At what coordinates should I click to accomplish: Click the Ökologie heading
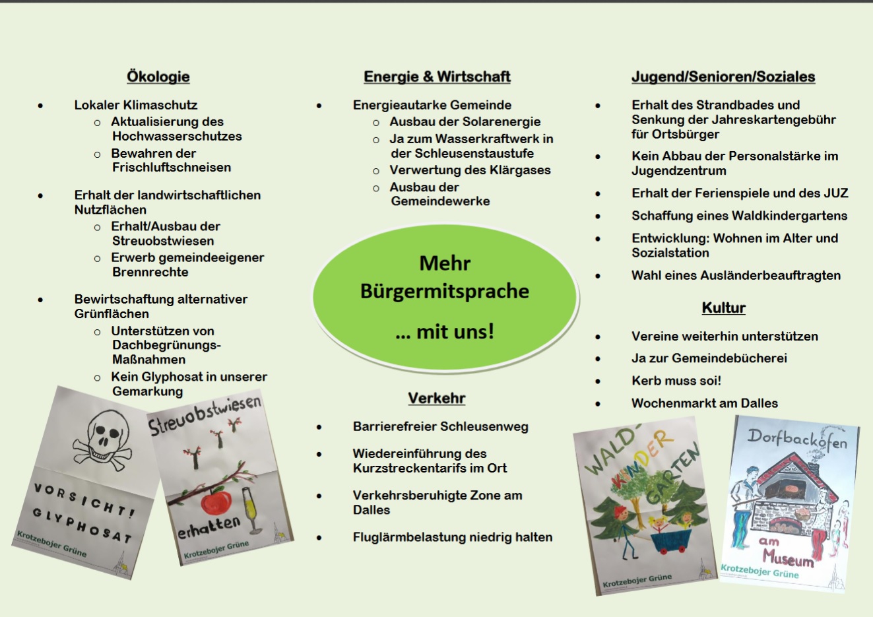click(158, 77)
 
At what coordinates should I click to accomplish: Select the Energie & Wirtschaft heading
click(437, 77)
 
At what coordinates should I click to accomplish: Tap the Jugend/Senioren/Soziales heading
click(723, 77)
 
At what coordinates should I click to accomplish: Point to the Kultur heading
click(723, 308)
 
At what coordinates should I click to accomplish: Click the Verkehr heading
click(436, 398)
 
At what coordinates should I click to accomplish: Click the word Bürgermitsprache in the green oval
click(444, 291)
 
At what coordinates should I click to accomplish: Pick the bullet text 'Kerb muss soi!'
click(676, 381)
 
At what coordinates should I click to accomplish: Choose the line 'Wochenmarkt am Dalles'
click(704, 403)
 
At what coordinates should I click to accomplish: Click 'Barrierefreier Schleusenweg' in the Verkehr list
click(440, 427)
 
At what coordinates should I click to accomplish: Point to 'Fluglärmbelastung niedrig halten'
click(452, 537)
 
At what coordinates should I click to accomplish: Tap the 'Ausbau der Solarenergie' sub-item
click(465, 121)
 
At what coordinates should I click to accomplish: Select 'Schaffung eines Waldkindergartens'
click(739, 216)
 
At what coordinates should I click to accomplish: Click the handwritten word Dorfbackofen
click(797, 439)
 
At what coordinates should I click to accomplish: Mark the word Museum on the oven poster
click(789, 558)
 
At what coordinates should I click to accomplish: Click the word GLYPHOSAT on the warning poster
click(82, 526)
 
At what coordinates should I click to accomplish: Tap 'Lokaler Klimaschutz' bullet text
click(135, 105)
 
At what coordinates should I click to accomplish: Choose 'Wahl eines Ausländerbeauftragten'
click(736, 275)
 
